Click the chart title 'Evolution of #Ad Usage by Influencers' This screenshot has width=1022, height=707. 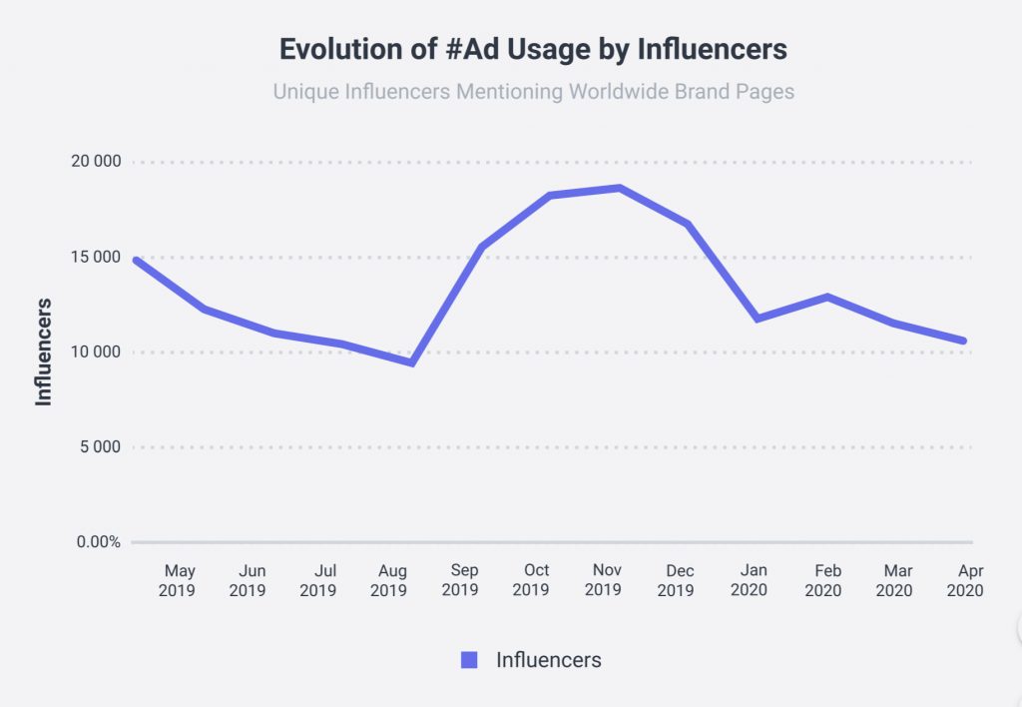point(533,49)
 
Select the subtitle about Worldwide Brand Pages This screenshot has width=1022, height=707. point(533,92)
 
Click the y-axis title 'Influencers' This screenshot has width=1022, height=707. point(44,352)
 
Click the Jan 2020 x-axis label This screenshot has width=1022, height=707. point(751,580)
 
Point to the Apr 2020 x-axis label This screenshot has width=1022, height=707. point(965,580)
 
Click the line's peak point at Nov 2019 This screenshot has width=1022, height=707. point(620,188)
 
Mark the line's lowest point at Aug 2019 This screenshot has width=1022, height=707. point(411,362)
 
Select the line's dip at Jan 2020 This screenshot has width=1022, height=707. point(758,319)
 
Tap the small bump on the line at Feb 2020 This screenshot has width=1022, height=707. point(827,297)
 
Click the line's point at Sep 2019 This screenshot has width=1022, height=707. point(481,247)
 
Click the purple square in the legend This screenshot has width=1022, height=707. point(469,660)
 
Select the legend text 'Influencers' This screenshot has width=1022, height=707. point(548,660)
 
